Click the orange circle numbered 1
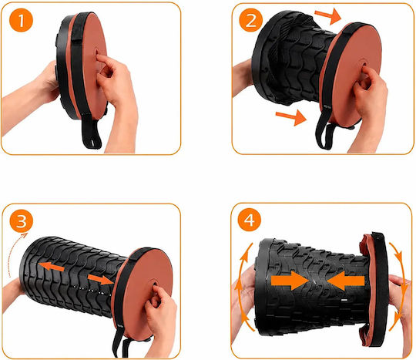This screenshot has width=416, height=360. click(x=21, y=21)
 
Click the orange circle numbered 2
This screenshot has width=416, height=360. click(x=250, y=20)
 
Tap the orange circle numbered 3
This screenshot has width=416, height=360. click(x=22, y=221)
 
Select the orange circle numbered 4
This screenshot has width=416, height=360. click(x=250, y=220)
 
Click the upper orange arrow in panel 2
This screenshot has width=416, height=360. click(x=328, y=15)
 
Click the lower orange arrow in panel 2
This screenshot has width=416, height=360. click(x=291, y=117)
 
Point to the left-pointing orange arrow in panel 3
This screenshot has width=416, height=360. click(x=52, y=266)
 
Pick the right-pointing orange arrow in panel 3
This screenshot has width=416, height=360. click(x=100, y=280)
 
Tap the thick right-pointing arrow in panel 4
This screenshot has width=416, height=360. click(x=290, y=280)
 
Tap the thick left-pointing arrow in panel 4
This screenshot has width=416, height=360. click(x=346, y=281)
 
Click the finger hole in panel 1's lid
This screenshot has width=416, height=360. click(x=96, y=52)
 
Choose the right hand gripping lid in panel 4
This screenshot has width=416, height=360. click(x=401, y=313)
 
